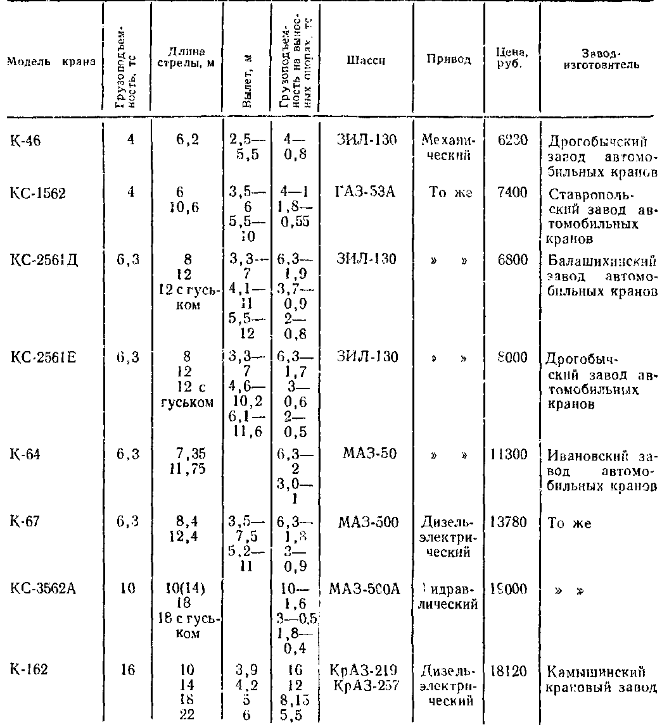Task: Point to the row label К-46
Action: (x=26, y=141)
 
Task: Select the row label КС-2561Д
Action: (x=42, y=259)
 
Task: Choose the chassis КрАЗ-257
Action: (x=363, y=684)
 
